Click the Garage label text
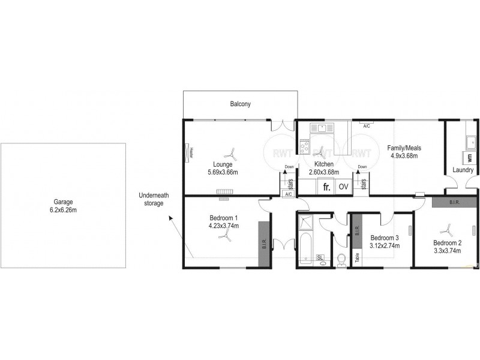(x=62, y=202)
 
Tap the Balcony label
(x=240, y=104)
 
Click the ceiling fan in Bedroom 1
(x=224, y=238)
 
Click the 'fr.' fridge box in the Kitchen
(x=326, y=187)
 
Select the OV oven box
(x=343, y=187)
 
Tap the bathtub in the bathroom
(x=304, y=251)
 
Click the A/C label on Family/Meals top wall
(x=367, y=127)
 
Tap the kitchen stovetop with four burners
(x=304, y=146)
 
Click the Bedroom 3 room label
(x=385, y=236)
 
